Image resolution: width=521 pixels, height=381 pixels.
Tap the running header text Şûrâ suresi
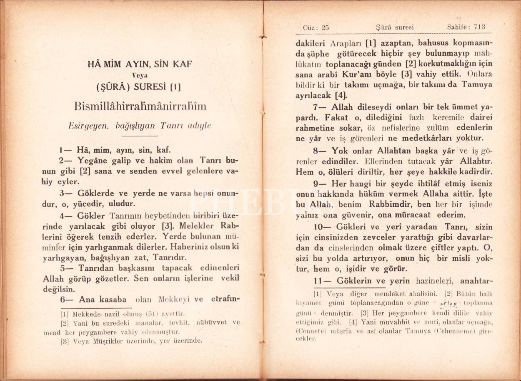click(395, 27)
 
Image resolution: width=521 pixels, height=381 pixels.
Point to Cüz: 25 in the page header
click(316, 27)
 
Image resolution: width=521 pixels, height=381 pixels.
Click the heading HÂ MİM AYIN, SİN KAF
click(140, 65)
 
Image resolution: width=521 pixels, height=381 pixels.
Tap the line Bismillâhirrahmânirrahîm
click(140, 106)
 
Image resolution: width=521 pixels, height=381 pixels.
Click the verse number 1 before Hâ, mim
click(61, 150)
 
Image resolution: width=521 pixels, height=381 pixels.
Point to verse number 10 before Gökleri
click(319, 227)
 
